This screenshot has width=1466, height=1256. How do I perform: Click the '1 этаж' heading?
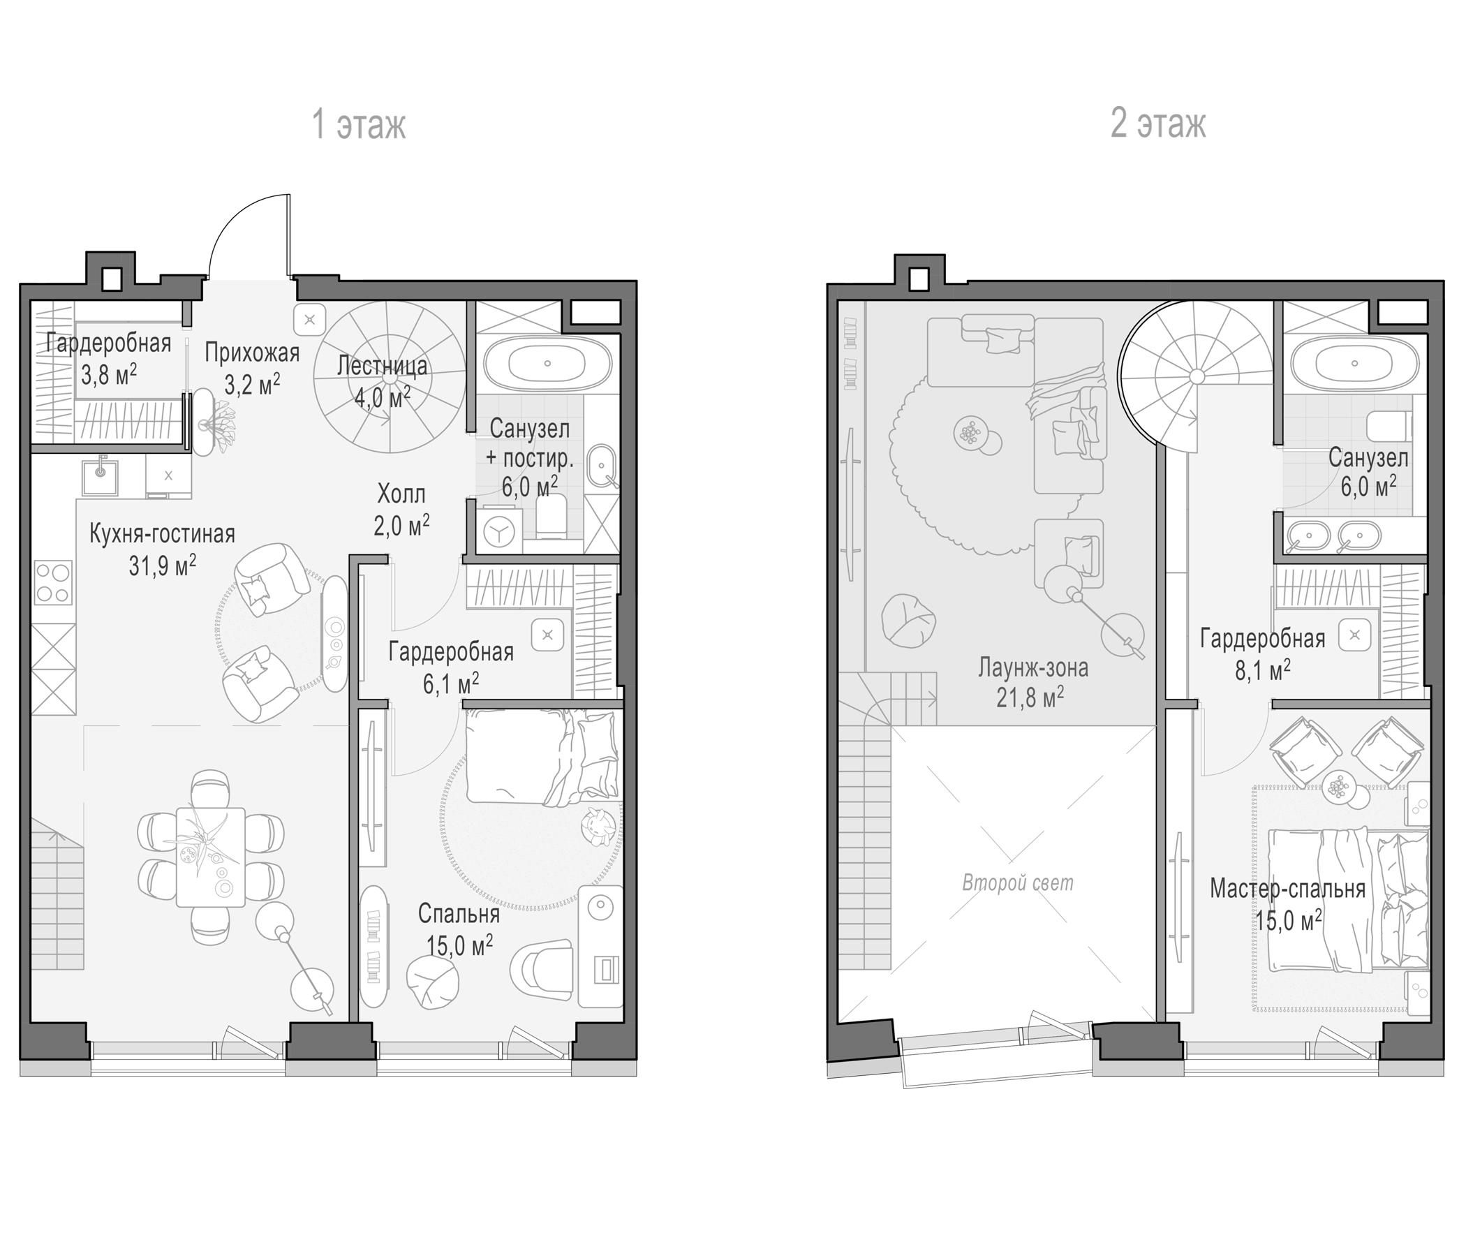[x=359, y=125]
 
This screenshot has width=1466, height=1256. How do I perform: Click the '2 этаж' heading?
[x=1158, y=124]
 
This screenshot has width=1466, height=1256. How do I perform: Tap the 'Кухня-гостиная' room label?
[x=162, y=533]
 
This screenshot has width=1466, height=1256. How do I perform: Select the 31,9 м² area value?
[x=163, y=566]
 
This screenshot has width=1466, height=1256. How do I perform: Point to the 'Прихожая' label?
[x=252, y=352]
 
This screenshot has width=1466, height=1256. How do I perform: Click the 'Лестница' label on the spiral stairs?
[x=382, y=366]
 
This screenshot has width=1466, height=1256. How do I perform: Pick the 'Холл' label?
[x=401, y=492]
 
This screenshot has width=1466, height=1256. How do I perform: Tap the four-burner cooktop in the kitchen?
[x=54, y=582]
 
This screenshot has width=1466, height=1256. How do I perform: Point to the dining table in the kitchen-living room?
[x=211, y=856]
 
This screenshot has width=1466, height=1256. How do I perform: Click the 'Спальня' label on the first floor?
[x=459, y=913]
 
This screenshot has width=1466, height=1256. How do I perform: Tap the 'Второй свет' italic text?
[x=1017, y=883]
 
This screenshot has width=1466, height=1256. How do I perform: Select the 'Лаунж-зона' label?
[x=1033, y=667]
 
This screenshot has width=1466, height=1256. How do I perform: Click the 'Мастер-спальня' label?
[x=1288, y=888]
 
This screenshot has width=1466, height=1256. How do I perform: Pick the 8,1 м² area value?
[x=1262, y=670]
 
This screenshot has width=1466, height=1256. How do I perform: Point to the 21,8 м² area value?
[x=1030, y=698]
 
